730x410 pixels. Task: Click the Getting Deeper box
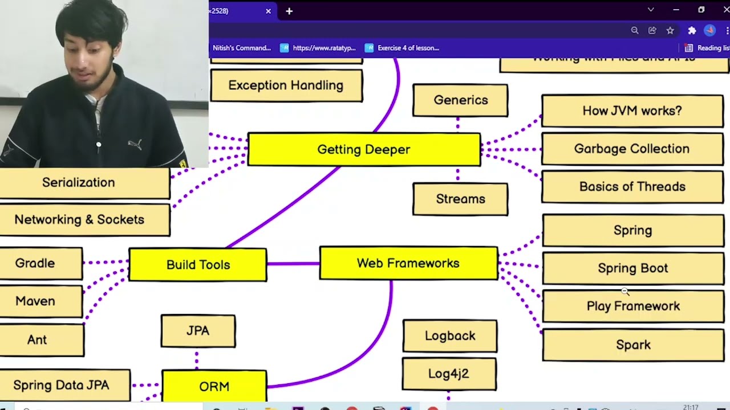coord(364,150)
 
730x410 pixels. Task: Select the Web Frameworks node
coord(408,263)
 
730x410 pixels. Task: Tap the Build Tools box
coord(198,265)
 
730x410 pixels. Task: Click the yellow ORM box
coord(214,386)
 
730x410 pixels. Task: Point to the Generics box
coord(460,100)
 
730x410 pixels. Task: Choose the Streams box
coord(460,199)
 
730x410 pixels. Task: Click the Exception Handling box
coord(286,85)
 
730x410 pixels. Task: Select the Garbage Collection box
coord(632,149)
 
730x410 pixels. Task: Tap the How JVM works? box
coord(632,111)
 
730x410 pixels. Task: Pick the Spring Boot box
coord(632,268)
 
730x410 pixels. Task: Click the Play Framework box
coord(633,306)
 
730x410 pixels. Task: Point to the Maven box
coord(36,301)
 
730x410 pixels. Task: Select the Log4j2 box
coord(449,374)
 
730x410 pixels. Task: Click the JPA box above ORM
coord(198,331)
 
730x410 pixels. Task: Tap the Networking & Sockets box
coord(80,220)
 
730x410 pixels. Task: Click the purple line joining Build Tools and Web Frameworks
coord(293,264)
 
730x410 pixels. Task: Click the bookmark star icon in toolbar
coord(670,30)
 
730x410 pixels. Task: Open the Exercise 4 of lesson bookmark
coord(403,48)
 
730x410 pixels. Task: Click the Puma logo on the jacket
coord(135,144)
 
